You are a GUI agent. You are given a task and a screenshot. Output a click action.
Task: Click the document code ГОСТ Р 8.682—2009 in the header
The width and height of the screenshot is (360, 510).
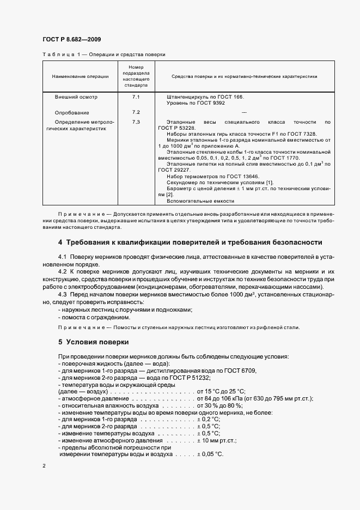pyautogui.click(x=71, y=40)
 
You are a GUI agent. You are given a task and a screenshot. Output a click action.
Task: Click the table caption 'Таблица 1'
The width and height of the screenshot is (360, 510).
pyautogui.click(x=59, y=54)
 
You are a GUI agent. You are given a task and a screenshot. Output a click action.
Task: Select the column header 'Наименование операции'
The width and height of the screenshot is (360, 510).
pyautogui.click(x=80, y=77)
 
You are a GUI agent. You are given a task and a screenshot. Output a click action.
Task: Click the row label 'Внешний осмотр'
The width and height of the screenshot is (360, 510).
pyautogui.click(x=76, y=97)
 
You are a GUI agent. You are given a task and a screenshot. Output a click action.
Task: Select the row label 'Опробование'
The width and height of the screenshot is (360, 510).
pyautogui.click(x=74, y=112)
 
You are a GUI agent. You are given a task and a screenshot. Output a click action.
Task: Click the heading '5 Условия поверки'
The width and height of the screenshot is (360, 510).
pyautogui.click(x=93, y=342)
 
